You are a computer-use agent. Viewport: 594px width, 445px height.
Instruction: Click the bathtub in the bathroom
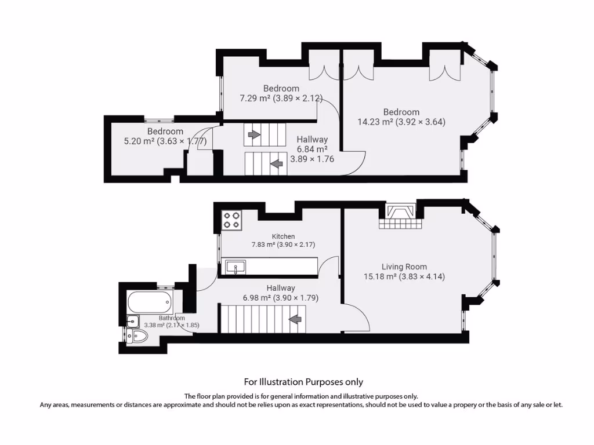[148, 301]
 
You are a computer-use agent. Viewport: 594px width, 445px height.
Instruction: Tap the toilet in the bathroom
[138, 337]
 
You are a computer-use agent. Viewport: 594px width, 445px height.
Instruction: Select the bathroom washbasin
[133, 320]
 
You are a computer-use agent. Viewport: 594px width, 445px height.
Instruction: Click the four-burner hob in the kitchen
[232, 220]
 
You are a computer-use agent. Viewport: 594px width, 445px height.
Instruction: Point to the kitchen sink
[236, 267]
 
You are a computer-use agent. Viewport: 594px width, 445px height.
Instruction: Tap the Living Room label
[404, 267]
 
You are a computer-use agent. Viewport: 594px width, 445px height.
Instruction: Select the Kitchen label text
[284, 236]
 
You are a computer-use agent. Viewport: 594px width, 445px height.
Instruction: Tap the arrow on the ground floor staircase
[295, 319]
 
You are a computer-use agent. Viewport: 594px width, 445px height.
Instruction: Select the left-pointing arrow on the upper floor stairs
[277, 164]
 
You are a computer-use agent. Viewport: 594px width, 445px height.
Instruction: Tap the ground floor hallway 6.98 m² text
[281, 298]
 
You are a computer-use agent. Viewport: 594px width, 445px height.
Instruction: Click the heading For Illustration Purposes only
[303, 382]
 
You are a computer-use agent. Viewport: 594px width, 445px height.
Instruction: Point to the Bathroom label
[172, 318]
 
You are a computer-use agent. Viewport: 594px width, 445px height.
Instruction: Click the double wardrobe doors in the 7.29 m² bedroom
[320, 70]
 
